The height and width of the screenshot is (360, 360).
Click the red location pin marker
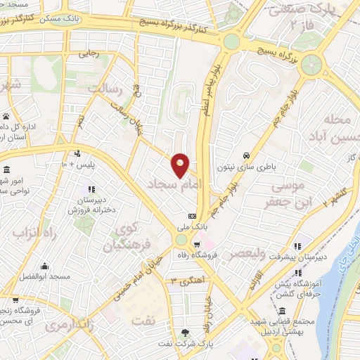(x=181, y=165)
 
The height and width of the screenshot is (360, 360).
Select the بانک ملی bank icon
(x=192, y=216)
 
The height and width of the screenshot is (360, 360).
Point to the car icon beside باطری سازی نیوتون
(x=245, y=155)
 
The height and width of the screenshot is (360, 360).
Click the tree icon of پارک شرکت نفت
(x=185, y=332)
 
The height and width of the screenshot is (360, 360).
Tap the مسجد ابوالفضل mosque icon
(x=44, y=266)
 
